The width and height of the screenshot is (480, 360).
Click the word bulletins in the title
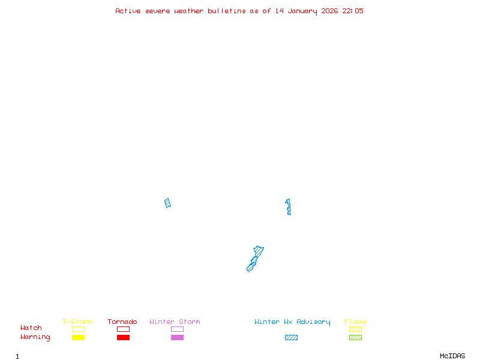pyautogui.click(x=227, y=11)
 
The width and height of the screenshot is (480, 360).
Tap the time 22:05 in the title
pyautogui.click(x=353, y=11)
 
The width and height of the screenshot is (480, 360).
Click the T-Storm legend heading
pyautogui.click(x=77, y=322)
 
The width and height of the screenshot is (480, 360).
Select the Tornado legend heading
pyautogui.click(x=122, y=322)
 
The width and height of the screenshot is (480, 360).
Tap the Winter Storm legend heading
pyautogui.click(x=175, y=322)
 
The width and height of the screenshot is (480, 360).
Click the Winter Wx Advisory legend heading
pyautogui.click(x=292, y=322)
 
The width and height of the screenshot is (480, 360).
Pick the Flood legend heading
pyautogui.click(x=355, y=322)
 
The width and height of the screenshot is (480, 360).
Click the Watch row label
pyautogui.click(x=31, y=328)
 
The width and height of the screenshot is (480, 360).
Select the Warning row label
pyautogui.click(x=35, y=337)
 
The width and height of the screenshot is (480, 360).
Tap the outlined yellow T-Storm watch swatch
pyautogui.click(x=78, y=329)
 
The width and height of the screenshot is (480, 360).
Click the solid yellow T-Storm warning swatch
pyautogui.click(x=78, y=338)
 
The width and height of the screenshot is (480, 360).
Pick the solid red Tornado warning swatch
pyautogui.click(x=123, y=338)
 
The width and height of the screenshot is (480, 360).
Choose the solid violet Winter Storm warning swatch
pyautogui.click(x=177, y=338)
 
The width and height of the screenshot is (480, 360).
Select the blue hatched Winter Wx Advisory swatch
pyautogui.click(x=291, y=338)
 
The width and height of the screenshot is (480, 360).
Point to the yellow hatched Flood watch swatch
pyautogui.click(x=355, y=329)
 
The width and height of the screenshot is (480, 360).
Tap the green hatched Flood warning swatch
pyautogui.click(x=355, y=338)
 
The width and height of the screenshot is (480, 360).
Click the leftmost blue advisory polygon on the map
pyautogui.click(x=168, y=203)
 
